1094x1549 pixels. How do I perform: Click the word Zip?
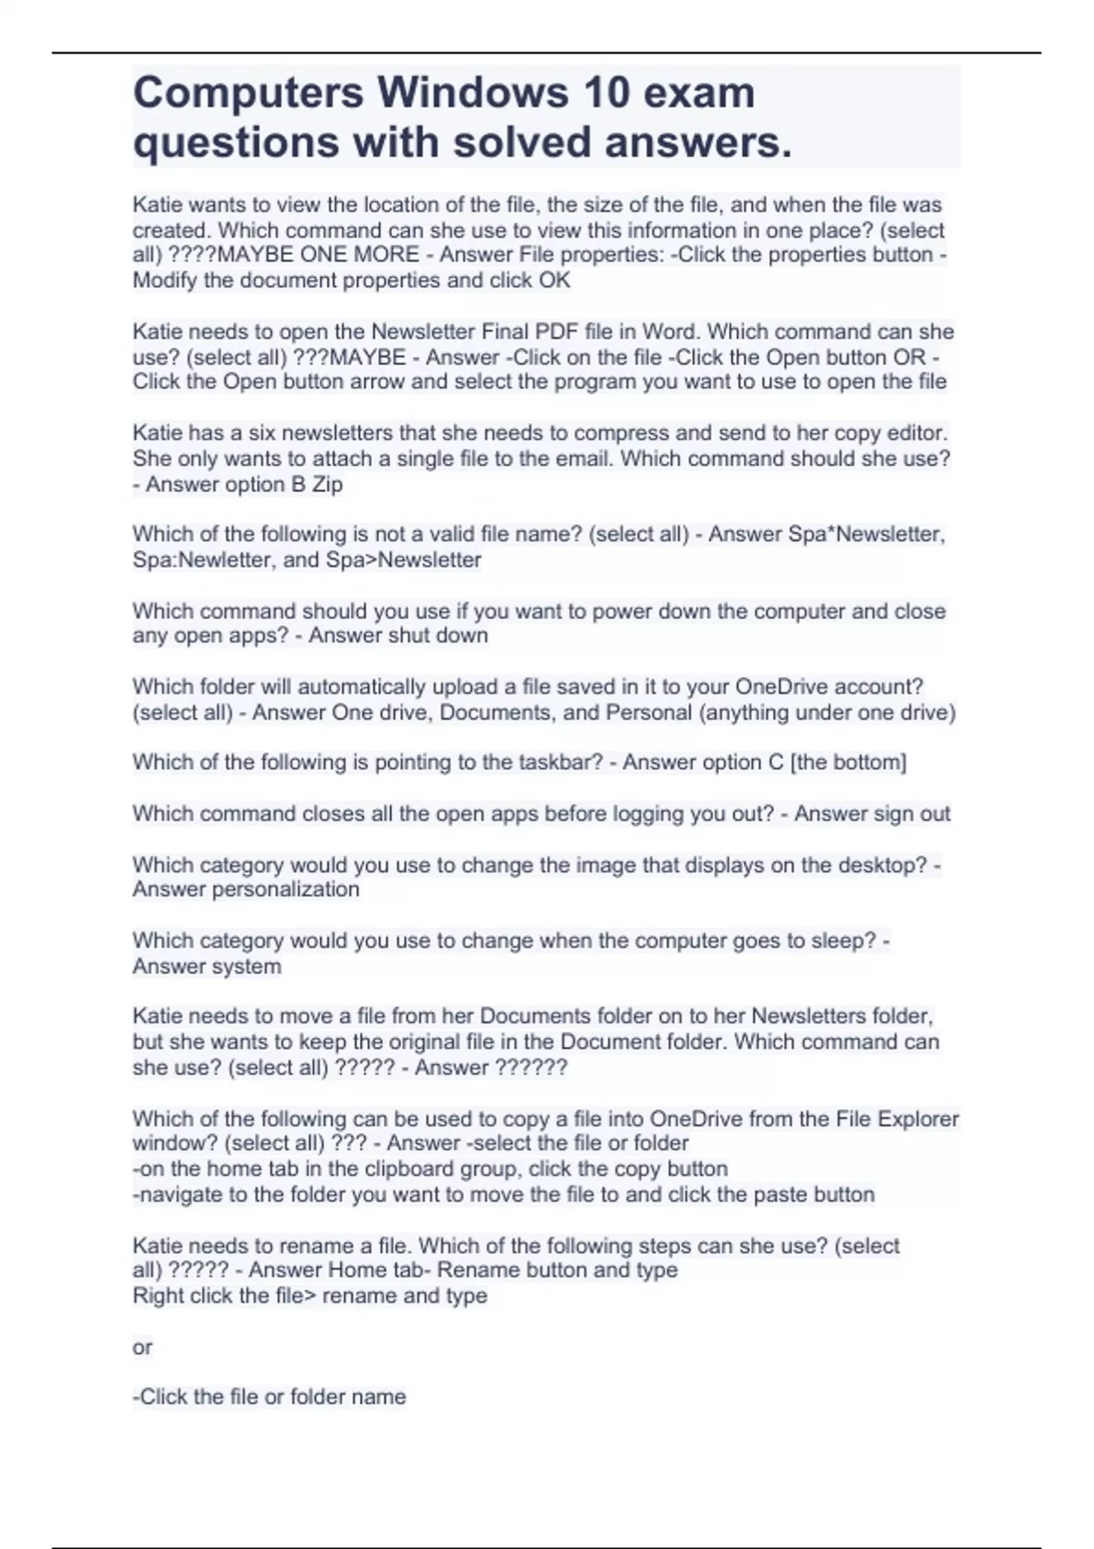(327, 484)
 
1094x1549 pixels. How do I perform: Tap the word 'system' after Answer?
(246, 966)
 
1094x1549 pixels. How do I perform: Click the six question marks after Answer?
(530, 1067)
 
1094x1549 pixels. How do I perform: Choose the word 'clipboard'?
(392, 1169)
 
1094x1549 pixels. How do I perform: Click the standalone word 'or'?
(142, 1347)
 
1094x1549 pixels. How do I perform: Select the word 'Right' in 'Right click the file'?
(157, 1296)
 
